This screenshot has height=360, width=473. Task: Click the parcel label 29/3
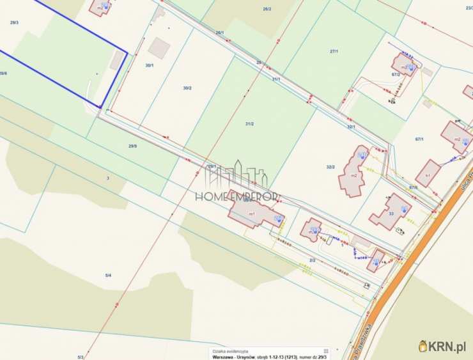[14, 22]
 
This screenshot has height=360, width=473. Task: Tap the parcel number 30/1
[150, 65]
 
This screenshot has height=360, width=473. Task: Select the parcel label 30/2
[187, 88]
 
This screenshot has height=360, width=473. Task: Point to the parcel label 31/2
[249, 123]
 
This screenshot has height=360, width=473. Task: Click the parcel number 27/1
[334, 51]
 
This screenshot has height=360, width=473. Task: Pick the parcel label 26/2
[267, 9]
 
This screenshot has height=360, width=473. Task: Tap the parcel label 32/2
[330, 167]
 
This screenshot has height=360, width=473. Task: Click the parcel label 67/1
[420, 139]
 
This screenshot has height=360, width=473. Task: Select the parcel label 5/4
[108, 275]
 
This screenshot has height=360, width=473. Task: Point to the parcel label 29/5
[132, 146]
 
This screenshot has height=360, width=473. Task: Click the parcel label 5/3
[81, 356]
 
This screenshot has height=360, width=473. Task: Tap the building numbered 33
[391, 212]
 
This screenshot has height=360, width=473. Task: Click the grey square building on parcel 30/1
[159, 47]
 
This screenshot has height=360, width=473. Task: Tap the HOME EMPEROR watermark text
[240, 196]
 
